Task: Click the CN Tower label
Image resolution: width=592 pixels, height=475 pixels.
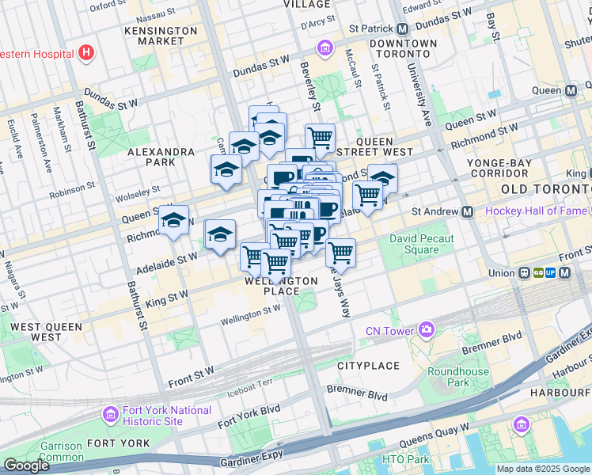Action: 391,331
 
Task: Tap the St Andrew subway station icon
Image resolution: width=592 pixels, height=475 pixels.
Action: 468,211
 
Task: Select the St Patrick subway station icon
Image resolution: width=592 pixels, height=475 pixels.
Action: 404,28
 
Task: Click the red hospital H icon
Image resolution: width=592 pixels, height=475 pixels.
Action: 86,54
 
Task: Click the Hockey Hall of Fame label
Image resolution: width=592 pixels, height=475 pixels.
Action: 536,211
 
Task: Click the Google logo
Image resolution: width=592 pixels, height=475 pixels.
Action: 26,465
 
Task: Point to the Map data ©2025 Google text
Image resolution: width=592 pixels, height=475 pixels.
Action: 543,469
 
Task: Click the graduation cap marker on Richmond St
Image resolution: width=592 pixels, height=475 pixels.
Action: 173,222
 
